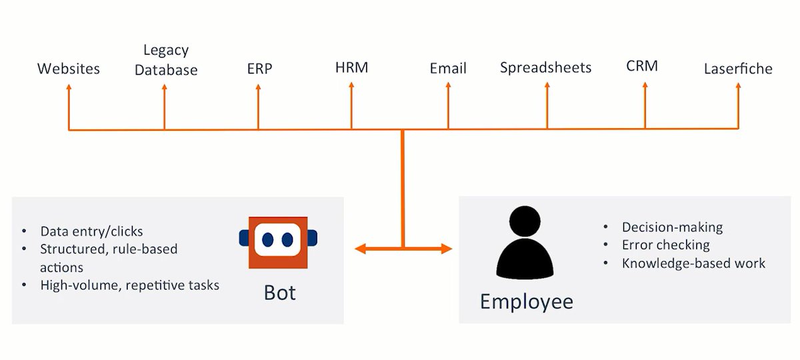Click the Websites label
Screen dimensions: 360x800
(68, 69)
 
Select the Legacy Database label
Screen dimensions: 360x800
(166, 60)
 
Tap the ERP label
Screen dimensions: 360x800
(259, 69)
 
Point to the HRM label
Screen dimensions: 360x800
(351, 67)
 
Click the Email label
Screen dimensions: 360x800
(448, 69)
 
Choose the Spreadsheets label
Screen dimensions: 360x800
(545, 68)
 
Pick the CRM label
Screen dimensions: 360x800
(642, 67)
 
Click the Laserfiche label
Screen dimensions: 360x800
(738, 69)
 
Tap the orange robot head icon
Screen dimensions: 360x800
(279, 242)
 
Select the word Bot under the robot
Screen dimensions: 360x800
(279, 293)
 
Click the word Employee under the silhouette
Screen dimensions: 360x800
(526, 301)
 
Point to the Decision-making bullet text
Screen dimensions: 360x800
(671, 227)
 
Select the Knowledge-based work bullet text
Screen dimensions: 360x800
(693, 263)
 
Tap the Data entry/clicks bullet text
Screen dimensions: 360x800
(91, 232)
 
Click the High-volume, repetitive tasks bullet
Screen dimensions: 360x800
(129, 285)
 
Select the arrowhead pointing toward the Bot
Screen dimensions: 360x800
(360, 249)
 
